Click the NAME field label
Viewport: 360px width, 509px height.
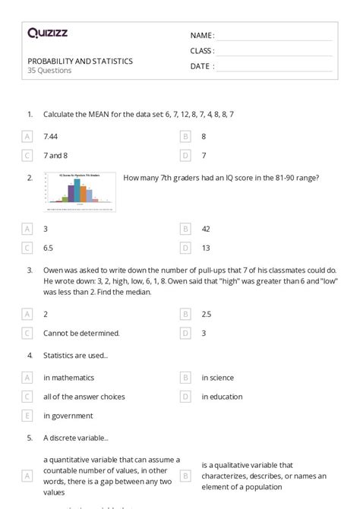pyautogui.click(x=201, y=36)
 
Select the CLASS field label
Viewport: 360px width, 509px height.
pyautogui.click(x=202, y=51)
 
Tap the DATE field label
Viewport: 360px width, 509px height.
pyautogui.click(x=201, y=66)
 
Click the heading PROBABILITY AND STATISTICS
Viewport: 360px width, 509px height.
pyautogui.click(x=80, y=61)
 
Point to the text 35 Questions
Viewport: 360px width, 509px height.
pyautogui.click(x=49, y=71)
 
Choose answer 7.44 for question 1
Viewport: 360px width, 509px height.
pyautogui.click(x=51, y=136)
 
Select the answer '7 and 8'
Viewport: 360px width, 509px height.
pyautogui.click(x=55, y=155)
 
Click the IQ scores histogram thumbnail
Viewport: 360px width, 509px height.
pyautogui.click(x=80, y=191)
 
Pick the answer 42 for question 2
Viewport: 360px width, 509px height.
pyautogui.click(x=206, y=228)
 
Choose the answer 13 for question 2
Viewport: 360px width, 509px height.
pyautogui.click(x=206, y=247)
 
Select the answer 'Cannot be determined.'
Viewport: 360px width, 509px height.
pyautogui.click(x=81, y=332)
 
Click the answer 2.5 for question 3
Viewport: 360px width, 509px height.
pyautogui.click(x=207, y=313)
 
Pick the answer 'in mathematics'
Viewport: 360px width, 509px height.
pyautogui.click(x=68, y=377)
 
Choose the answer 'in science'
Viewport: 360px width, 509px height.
pyautogui.click(x=217, y=377)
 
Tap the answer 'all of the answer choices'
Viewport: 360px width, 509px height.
pyautogui.click(x=84, y=396)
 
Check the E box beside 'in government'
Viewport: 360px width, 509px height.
pyautogui.click(x=27, y=416)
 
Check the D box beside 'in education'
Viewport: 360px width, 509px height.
pyautogui.click(x=185, y=396)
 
